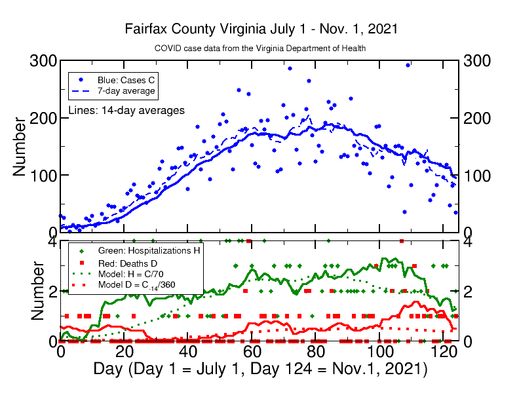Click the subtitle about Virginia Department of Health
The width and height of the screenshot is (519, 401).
click(259, 48)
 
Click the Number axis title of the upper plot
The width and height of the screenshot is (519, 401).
click(20, 146)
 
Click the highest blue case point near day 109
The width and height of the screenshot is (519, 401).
click(408, 65)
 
